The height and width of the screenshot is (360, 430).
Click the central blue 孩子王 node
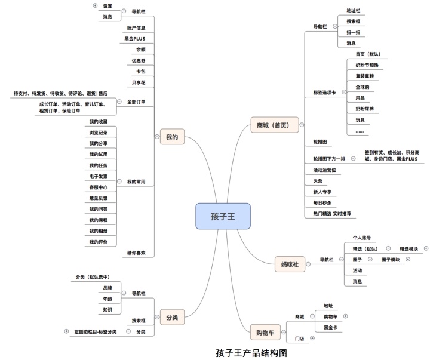coord(223,216)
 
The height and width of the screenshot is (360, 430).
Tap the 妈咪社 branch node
coord(290,263)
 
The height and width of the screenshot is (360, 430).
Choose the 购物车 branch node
coord(265,332)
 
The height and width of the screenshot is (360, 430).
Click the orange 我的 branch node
coord(172,137)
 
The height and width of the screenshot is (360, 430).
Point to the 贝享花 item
coord(139,82)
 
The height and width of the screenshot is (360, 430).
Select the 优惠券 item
coord(139,60)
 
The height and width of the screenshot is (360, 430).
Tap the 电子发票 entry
coord(99,176)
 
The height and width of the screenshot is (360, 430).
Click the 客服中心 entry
coord(99,187)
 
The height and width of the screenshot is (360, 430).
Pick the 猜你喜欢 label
coord(136,253)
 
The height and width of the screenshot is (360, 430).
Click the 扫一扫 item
coord(353,32)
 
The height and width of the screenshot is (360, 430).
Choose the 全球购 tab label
coord(363,87)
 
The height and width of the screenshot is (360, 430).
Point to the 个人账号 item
coord(362,238)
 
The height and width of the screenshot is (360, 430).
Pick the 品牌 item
coord(107,288)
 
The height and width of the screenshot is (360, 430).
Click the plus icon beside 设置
coord(95,5)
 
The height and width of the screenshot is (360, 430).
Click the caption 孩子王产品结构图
coord(251,353)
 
